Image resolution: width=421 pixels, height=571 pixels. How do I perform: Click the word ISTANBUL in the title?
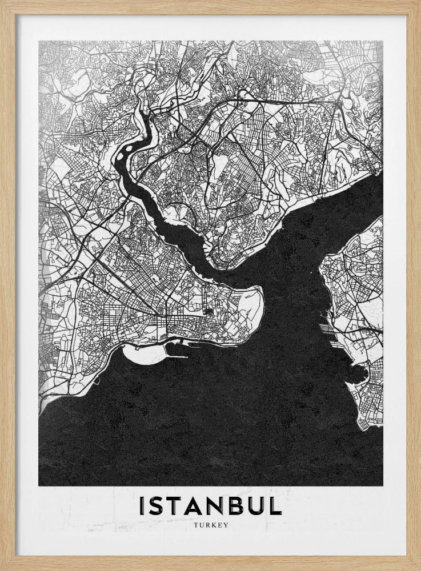click(x=210, y=506)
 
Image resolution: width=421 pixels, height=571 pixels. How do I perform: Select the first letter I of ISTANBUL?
click(x=142, y=506)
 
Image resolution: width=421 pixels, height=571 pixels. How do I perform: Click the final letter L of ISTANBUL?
click(x=275, y=506)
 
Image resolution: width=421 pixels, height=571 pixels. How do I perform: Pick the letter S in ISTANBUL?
click(x=157, y=506)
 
